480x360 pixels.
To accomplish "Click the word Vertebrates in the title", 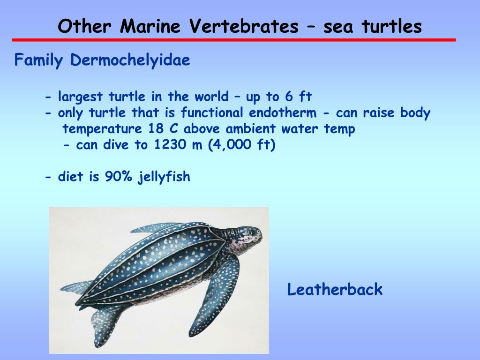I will coord(244,27).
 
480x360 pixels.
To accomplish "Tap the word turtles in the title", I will coord(392,27).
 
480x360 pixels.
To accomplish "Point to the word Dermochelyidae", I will coord(130,60).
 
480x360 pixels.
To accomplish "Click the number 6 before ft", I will coord(288,97).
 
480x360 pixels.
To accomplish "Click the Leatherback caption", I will coord(335,290).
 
